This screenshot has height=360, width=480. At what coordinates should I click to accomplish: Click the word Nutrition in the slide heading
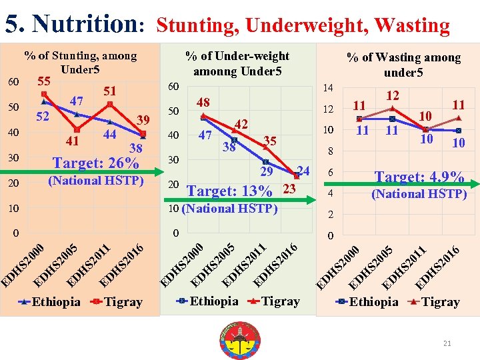point(85,24)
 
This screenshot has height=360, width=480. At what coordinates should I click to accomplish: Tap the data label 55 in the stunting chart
point(45,81)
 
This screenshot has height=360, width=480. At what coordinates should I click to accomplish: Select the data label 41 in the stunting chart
point(73,141)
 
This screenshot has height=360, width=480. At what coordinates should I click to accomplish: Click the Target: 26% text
point(96,163)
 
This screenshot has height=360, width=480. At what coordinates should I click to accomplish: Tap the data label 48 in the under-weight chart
point(203,103)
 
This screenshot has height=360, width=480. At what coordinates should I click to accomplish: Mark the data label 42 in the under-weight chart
point(241,125)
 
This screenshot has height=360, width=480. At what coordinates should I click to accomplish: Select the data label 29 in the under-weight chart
point(267,172)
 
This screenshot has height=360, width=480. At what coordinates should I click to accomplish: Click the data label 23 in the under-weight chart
point(289,189)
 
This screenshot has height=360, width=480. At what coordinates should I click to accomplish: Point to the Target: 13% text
point(230,191)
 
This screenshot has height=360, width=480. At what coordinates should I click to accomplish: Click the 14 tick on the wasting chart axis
point(327,88)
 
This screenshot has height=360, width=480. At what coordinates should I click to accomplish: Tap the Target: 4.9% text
point(419,177)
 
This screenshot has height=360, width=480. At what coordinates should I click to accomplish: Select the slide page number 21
point(447,343)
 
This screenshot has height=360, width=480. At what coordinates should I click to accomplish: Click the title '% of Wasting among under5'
point(403,65)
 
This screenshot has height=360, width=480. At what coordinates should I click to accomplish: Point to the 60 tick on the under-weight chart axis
point(173,87)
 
